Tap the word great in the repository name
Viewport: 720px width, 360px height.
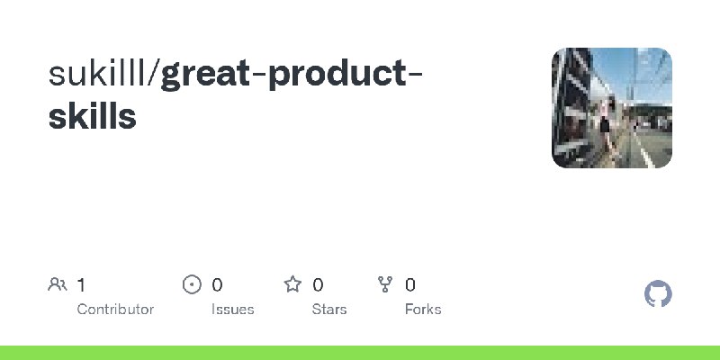[206, 76]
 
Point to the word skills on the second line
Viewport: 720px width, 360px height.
[93, 116]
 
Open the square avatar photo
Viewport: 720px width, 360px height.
[611, 108]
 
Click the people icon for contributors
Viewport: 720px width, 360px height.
[57, 285]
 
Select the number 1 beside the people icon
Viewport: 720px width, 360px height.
[81, 285]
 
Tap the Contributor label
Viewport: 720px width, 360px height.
[115, 309]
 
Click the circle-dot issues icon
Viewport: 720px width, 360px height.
[192, 285]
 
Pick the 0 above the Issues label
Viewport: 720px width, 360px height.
[217, 285]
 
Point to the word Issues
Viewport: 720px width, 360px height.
[232, 309]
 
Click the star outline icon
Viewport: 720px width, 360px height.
[292, 285]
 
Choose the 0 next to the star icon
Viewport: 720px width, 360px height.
[318, 285]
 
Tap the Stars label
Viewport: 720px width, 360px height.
[329, 309]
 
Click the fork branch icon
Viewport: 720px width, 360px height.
[385, 285]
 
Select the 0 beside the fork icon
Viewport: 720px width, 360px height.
[409, 285]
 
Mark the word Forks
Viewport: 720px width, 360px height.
[422, 309]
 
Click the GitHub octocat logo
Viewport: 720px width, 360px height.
[659, 294]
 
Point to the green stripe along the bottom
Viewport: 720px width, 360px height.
[360, 352]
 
